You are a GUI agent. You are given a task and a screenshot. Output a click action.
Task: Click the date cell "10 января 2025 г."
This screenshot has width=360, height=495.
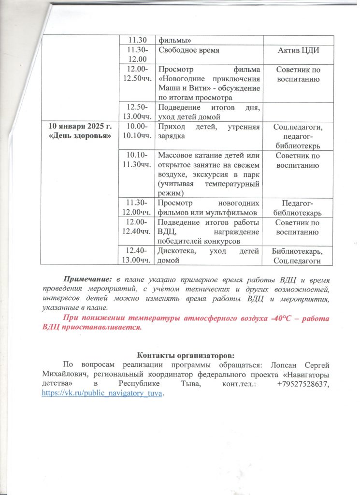click(x=80, y=127)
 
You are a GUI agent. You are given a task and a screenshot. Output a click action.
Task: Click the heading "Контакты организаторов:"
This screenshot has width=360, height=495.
click(x=179, y=352)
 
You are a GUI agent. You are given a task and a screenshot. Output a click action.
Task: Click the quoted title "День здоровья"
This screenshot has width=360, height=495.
click(x=80, y=136)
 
